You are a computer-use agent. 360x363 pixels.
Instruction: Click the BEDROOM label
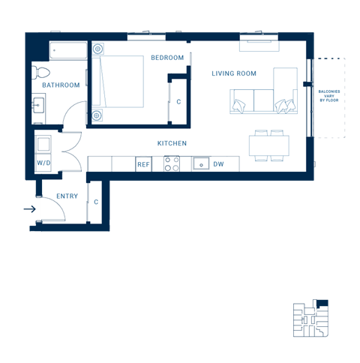166,58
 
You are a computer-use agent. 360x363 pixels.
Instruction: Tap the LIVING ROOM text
234,73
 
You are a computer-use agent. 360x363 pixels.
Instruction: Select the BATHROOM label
61,85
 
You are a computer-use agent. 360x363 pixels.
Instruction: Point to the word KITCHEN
172,143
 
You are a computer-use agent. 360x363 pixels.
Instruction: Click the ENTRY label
67,196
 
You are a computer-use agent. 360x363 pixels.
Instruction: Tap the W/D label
43,162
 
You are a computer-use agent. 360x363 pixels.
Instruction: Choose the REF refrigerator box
142,164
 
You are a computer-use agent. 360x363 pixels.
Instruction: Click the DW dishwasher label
218,164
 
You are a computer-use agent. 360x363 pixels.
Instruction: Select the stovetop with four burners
172,163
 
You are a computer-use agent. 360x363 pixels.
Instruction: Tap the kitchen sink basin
201,163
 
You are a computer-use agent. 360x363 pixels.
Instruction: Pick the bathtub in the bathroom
68,51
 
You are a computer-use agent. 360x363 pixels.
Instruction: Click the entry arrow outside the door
29,209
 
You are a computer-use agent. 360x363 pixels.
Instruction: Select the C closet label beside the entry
96,202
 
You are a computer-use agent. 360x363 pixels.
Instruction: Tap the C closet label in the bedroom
178,102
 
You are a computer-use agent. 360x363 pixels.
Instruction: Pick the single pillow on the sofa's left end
238,106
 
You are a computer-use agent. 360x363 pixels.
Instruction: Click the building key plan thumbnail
310,319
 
